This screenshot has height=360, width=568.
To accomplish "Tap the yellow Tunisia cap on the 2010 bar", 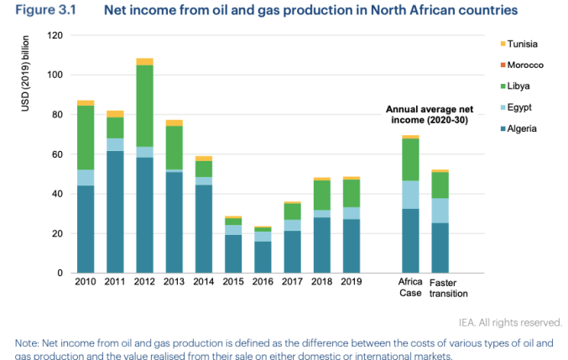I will coord(86,102).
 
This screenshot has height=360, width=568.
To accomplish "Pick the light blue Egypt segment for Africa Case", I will coord(410,194).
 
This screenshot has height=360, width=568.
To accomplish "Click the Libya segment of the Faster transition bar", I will coord(440,185).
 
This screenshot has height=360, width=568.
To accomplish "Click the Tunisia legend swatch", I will coord(503,44).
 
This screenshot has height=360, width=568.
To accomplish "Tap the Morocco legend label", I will coord(526,65).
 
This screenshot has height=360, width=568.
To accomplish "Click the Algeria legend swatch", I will coord(503,128).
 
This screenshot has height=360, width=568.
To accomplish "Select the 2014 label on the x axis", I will coord(203,283).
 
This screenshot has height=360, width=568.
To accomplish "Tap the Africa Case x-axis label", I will coord(410,288).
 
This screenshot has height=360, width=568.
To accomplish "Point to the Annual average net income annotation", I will coord(428,114).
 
